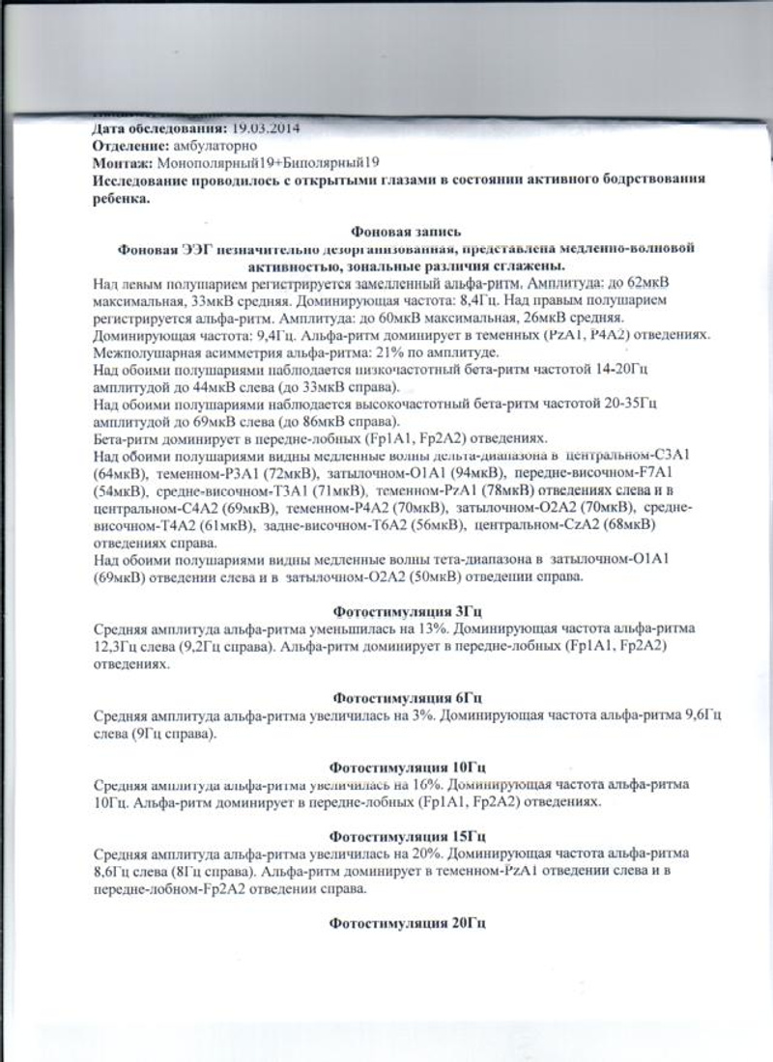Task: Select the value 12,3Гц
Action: tap(116, 646)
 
